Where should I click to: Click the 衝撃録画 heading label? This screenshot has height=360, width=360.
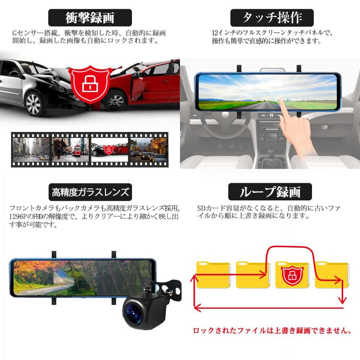coord(90,18)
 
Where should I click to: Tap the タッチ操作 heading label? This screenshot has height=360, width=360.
coord(272,18)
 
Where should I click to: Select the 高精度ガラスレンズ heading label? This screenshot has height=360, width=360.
coord(91,192)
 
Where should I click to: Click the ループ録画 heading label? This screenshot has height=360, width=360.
coord(270,192)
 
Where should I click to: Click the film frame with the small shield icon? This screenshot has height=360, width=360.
coord(109,150)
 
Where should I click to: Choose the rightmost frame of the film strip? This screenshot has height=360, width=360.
coord(148,150)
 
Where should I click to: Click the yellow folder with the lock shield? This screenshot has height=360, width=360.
coord(292,275)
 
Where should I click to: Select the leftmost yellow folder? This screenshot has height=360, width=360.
coord(213,275)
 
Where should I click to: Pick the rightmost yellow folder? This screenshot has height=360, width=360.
coord(331,275)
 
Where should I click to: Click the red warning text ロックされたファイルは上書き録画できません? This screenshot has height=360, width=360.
coord(272,331)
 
